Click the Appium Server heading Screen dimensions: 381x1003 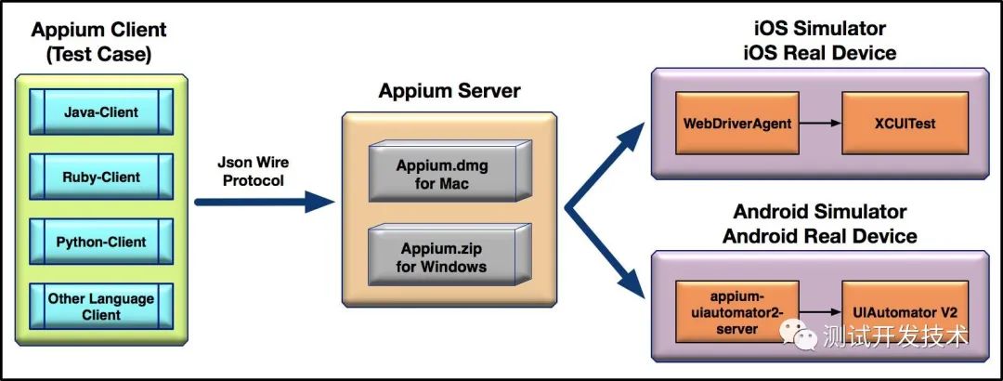tap(449, 92)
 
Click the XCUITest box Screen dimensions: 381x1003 tap(905, 123)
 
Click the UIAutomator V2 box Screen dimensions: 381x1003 tap(904, 315)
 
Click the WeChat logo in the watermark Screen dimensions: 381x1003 tap(799, 334)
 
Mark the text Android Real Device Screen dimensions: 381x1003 tap(819, 236)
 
